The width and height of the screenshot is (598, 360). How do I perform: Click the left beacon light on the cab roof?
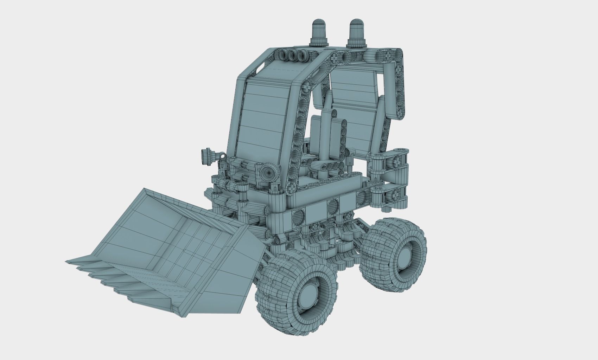(320, 32)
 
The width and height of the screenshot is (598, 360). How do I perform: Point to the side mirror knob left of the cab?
(205, 156)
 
